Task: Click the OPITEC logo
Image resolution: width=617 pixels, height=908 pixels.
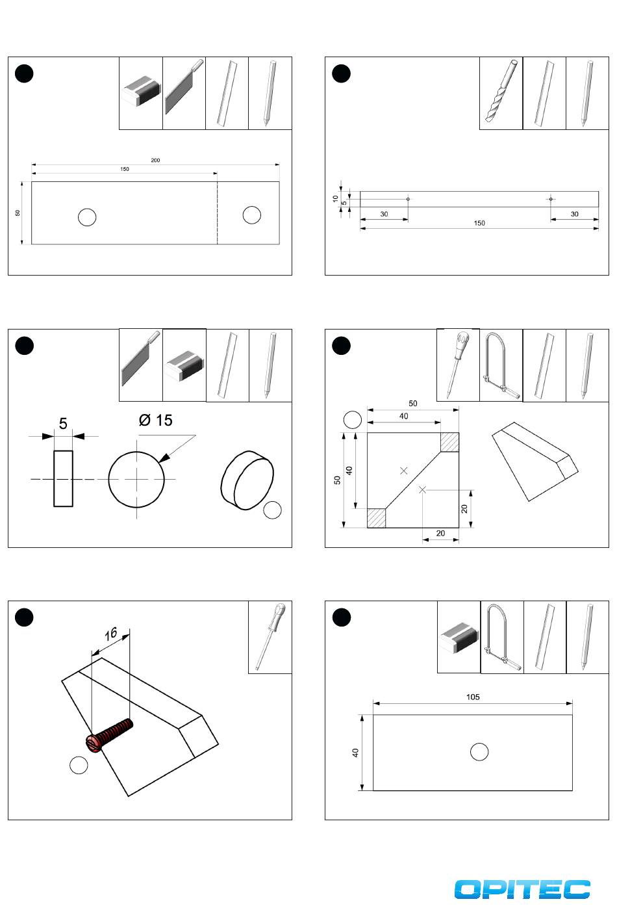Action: click(522, 889)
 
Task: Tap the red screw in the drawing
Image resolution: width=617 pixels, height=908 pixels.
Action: click(110, 735)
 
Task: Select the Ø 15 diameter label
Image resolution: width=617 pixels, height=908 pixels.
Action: click(156, 421)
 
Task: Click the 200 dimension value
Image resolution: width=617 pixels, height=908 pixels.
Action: click(156, 161)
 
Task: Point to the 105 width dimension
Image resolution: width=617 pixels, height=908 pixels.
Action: click(473, 697)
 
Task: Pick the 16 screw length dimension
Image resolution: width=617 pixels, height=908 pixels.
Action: click(110, 633)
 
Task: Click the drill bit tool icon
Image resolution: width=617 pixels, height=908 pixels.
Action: click(501, 93)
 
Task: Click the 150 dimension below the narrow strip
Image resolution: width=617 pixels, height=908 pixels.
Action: click(479, 224)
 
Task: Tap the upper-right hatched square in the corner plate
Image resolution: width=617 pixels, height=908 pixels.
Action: click(449, 442)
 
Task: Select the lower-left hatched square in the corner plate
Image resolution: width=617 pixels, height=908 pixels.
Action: click(377, 518)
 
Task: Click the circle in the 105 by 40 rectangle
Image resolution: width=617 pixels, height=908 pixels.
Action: click(479, 752)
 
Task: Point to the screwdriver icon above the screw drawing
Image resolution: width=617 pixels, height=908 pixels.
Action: click(270, 636)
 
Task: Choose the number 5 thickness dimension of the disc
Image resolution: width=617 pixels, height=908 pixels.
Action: click(63, 424)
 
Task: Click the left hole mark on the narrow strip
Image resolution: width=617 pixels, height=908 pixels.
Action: click(408, 199)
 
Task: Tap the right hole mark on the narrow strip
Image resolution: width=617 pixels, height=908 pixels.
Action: click(550, 199)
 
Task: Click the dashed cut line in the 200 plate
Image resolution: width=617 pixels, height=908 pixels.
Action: click(217, 213)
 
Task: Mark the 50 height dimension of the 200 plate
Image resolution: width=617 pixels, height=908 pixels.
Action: click(18, 213)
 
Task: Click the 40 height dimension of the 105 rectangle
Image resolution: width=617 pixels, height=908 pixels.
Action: click(355, 753)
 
